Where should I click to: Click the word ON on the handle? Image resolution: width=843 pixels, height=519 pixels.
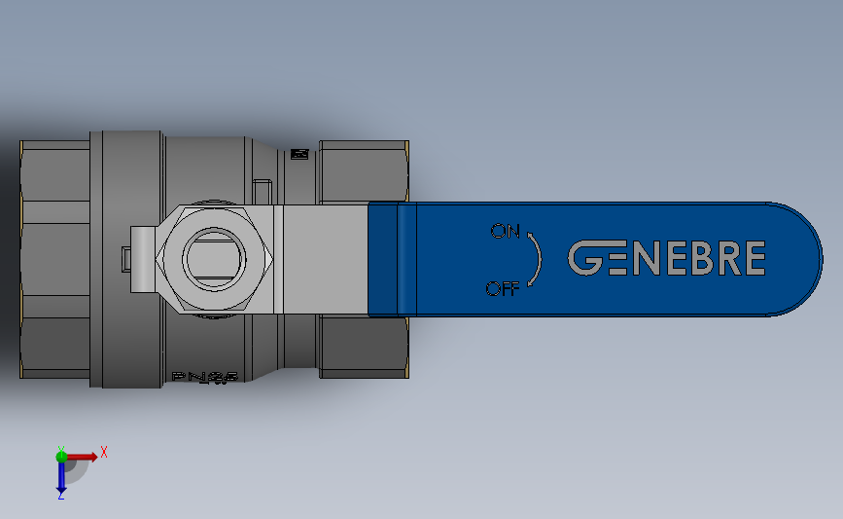506,232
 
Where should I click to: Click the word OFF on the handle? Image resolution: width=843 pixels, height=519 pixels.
503,288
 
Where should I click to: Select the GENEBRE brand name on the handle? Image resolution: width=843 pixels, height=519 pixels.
666,259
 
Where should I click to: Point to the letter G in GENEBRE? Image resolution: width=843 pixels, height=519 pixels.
585,259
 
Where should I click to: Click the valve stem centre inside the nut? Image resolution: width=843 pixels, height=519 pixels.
217,259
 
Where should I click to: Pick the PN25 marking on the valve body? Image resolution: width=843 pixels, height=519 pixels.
203,376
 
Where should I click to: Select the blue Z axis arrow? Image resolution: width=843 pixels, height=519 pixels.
61,477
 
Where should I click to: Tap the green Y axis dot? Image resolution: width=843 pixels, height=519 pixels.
61,455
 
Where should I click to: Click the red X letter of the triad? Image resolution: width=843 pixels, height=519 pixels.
104,452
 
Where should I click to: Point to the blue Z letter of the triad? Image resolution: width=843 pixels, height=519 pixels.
60,497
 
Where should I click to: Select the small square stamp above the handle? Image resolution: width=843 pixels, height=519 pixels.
299,154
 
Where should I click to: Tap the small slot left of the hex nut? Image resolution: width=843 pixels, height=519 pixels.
127,259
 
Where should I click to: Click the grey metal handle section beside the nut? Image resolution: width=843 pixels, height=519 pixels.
321,259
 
